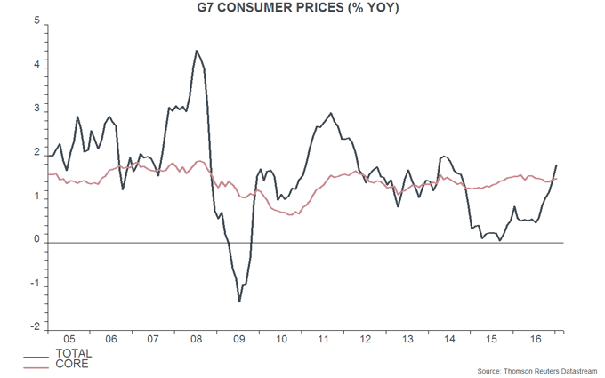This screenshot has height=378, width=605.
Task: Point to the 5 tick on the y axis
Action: (36, 23)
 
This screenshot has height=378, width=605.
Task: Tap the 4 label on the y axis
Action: (36, 67)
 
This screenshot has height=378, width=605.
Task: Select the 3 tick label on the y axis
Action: (36, 109)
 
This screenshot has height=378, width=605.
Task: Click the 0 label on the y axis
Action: (36, 241)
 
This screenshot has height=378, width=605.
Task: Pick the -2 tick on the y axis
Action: (35, 328)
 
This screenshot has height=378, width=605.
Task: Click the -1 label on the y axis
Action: (35, 285)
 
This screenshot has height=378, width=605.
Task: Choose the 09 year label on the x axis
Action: (238, 340)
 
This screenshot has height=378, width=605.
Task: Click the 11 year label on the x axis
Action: (324, 340)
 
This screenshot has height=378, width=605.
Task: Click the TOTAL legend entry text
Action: (74, 354)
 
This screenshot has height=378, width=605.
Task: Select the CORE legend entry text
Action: (71, 364)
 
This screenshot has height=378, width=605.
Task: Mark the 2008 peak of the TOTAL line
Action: (196, 51)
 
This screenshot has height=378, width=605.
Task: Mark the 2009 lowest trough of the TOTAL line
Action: (239, 302)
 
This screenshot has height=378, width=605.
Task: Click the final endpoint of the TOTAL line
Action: (557, 165)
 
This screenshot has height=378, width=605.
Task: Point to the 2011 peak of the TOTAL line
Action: (331, 113)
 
